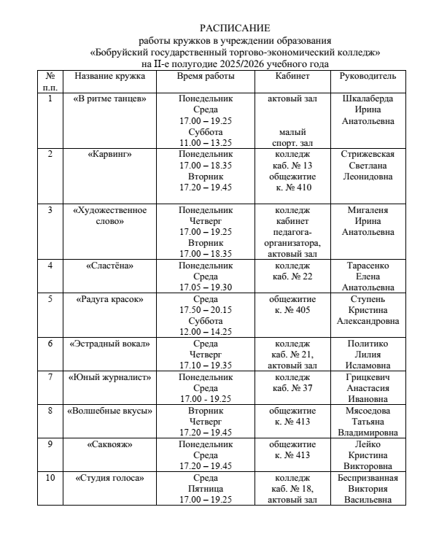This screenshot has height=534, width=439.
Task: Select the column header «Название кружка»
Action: point(110,76)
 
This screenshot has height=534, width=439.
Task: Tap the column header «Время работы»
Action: point(205,76)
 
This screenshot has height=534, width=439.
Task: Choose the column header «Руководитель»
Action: point(368,76)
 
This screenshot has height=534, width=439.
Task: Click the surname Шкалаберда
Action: point(368,98)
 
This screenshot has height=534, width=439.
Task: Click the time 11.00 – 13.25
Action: point(205,143)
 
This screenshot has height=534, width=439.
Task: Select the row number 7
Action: point(50,377)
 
